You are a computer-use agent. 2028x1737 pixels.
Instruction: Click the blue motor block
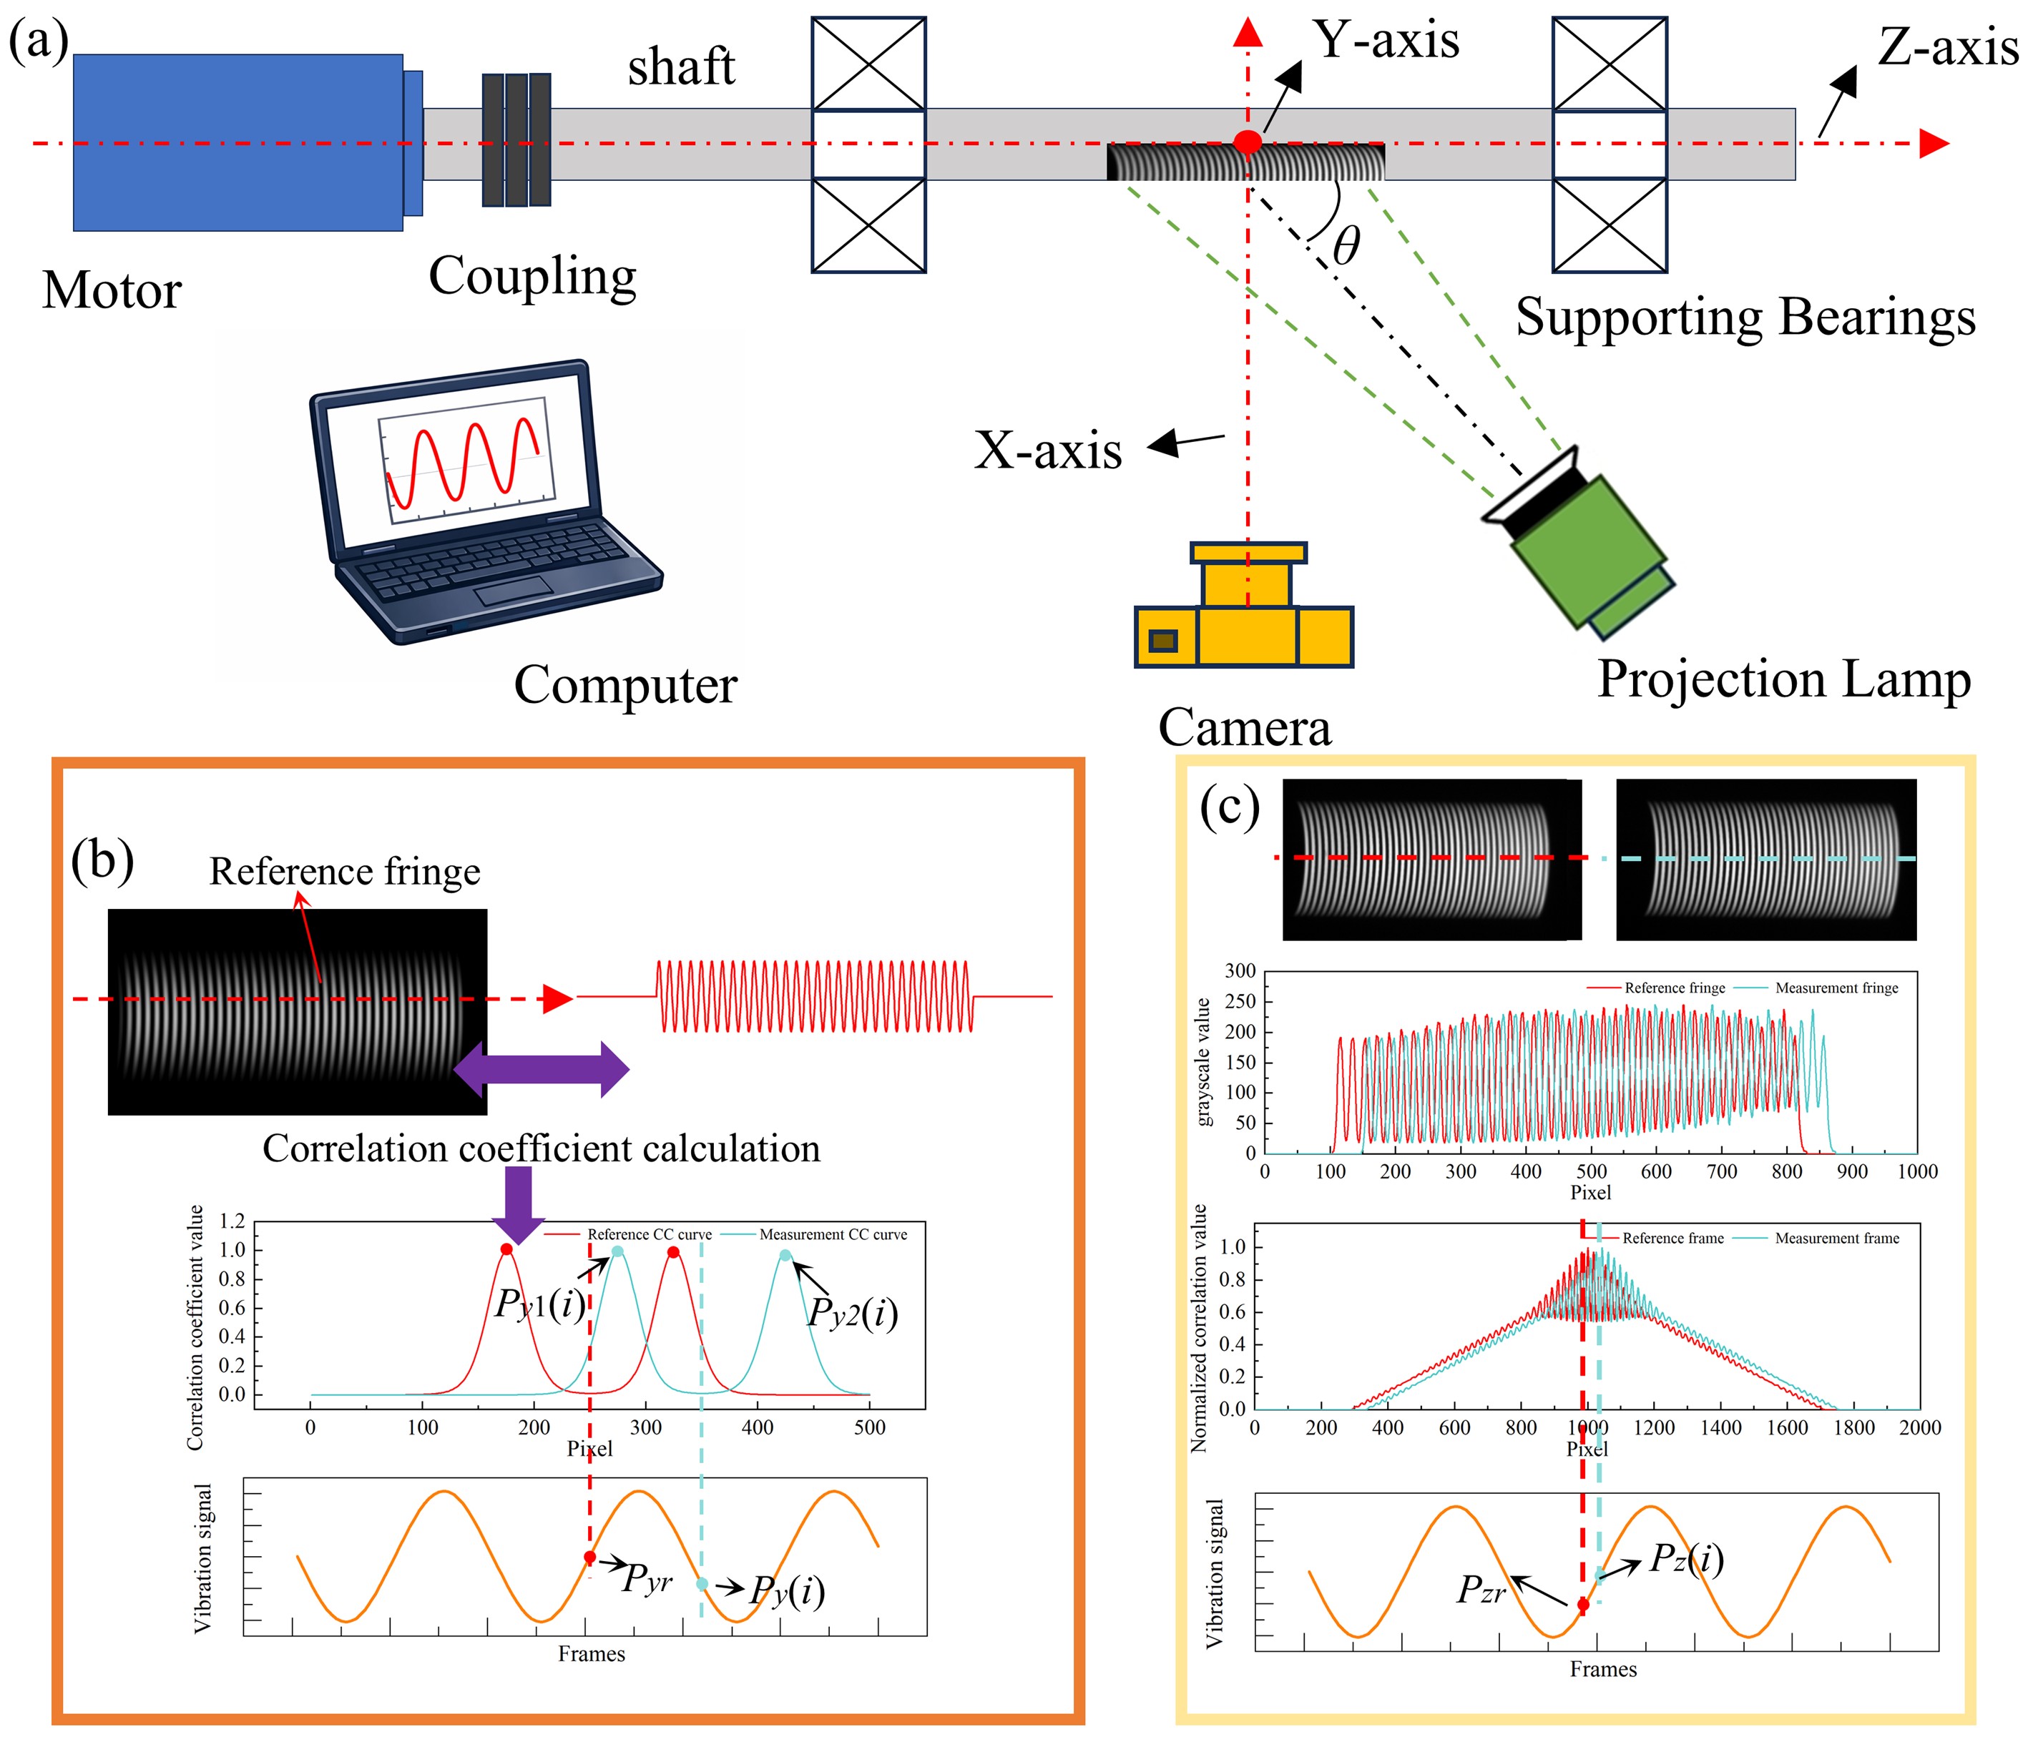point(237,143)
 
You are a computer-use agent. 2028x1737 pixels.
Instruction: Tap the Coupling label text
point(532,277)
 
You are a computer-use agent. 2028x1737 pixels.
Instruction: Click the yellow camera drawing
point(1245,606)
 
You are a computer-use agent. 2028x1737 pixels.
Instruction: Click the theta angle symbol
point(1347,245)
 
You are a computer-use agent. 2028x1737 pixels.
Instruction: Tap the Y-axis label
point(1387,40)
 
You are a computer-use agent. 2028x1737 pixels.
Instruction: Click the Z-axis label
point(1948,47)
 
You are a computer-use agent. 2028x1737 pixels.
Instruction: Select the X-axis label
point(1048,451)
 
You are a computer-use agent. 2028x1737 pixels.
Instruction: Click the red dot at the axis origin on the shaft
point(1247,142)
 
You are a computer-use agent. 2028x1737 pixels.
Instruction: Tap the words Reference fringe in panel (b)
point(345,871)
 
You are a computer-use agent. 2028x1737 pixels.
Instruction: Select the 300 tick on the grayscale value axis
point(1240,971)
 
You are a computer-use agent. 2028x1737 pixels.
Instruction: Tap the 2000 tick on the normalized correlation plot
point(1919,1428)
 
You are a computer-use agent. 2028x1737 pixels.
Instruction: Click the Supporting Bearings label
point(1746,319)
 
